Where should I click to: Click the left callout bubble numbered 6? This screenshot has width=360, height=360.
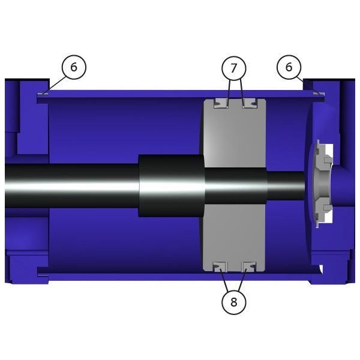click(x=74, y=67)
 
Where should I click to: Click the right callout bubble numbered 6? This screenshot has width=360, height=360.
click(x=289, y=67)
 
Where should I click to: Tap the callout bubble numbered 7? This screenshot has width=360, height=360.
click(x=234, y=68)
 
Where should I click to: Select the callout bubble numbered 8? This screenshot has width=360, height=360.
click(x=234, y=302)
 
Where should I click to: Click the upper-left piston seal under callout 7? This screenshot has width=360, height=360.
click(x=221, y=103)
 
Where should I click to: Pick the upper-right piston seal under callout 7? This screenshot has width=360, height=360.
click(x=250, y=103)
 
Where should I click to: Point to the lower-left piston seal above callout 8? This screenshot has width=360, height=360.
click(x=220, y=267)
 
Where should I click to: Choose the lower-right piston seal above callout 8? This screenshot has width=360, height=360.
click(x=249, y=267)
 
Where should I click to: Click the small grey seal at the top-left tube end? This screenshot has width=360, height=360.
click(x=43, y=94)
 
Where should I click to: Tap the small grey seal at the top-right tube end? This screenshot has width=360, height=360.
click(x=319, y=94)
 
